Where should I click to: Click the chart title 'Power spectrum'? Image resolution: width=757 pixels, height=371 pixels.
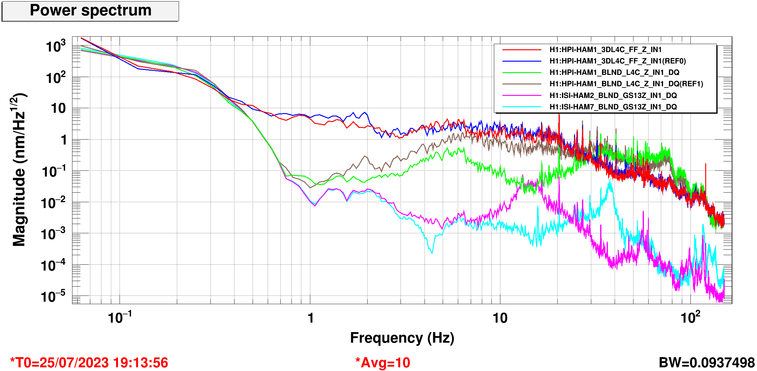tap(91, 11)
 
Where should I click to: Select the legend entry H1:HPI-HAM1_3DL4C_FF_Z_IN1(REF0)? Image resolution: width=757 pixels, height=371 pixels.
tap(617, 61)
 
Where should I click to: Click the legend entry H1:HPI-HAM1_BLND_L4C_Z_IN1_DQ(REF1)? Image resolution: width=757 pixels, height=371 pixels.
tap(626, 84)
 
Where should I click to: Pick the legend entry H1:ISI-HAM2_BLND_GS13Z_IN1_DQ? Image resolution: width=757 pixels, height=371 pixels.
tap(613, 96)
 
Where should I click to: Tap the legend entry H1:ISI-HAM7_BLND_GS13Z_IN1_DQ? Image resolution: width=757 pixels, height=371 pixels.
tap(613, 107)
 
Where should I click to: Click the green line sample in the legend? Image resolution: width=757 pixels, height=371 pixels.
tap(522, 72)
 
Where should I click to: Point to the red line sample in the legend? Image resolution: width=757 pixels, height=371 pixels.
tap(522, 50)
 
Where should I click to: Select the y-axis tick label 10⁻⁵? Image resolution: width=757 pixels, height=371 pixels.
tap(53, 297)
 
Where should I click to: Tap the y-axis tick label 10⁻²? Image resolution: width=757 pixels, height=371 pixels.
tap(53, 203)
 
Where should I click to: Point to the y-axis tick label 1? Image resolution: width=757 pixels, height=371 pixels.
tap(64, 140)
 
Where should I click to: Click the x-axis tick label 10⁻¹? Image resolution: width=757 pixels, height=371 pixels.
tap(120, 317)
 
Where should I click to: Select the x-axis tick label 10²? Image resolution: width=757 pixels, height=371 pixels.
tap(690, 317)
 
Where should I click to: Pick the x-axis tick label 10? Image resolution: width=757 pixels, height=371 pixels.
tap(500, 318)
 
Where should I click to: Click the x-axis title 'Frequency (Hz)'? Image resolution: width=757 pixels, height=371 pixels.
tap(402, 338)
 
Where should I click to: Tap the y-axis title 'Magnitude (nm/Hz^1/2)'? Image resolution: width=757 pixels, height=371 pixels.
tap(19, 169)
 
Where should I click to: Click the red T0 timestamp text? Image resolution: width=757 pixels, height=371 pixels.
tap(89, 363)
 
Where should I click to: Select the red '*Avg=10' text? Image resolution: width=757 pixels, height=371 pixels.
tap(383, 363)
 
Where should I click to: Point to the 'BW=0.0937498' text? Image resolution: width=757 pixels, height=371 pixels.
tap(706, 363)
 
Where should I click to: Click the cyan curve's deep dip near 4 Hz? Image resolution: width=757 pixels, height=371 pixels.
tap(432, 252)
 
